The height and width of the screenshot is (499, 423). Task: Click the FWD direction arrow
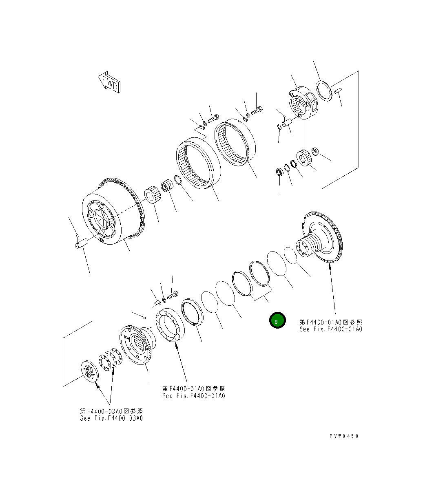coord(109,83)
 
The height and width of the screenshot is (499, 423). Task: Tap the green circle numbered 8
coord(277,321)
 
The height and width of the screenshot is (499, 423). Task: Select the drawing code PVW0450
coord(344,436)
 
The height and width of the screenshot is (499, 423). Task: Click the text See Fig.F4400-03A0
coord(112,418)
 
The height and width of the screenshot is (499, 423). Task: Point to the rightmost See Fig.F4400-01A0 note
coord(330,329)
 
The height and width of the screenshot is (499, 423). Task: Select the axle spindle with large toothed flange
coord(320,241)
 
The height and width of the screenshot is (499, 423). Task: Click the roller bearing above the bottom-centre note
coord(170,325)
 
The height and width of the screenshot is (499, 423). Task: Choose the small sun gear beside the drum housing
coord(153,195)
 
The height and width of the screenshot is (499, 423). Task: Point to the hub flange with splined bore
coord(137,343)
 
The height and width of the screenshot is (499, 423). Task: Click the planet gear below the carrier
coord(304,158)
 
